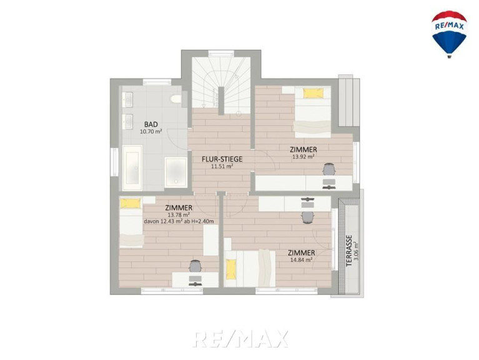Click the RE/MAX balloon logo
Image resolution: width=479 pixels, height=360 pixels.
[449, 34]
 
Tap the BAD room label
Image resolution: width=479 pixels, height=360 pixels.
[151, 124]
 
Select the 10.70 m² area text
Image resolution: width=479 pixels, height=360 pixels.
[151, 132]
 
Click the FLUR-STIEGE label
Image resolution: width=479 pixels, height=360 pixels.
[222, 159]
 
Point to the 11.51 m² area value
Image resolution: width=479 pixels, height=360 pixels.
[222, 166]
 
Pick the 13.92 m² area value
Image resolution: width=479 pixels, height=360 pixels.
[304, 157]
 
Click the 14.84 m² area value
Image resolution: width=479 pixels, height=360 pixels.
[301, 260]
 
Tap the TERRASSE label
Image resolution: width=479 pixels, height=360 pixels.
[349, 251]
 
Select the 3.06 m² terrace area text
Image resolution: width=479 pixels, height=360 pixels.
[356, 251]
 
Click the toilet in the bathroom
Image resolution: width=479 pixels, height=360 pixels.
[176, 99]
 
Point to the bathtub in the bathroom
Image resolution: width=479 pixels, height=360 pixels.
[132, 167]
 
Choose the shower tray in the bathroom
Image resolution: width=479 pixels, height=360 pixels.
[175, 172]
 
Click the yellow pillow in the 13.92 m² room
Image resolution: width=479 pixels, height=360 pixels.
[313, 93]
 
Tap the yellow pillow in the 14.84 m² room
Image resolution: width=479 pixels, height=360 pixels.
[231, 269]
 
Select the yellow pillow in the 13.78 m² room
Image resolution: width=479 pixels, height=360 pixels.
[131, 204]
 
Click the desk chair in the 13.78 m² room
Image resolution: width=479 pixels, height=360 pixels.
[195, 266]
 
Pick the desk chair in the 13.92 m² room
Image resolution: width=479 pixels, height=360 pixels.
[329, 169]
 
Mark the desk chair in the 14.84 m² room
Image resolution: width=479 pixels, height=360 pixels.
[308, 217]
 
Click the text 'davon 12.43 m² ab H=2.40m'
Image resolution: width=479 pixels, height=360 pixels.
[179, 221]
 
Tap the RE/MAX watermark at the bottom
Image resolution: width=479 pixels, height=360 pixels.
[241, 339]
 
